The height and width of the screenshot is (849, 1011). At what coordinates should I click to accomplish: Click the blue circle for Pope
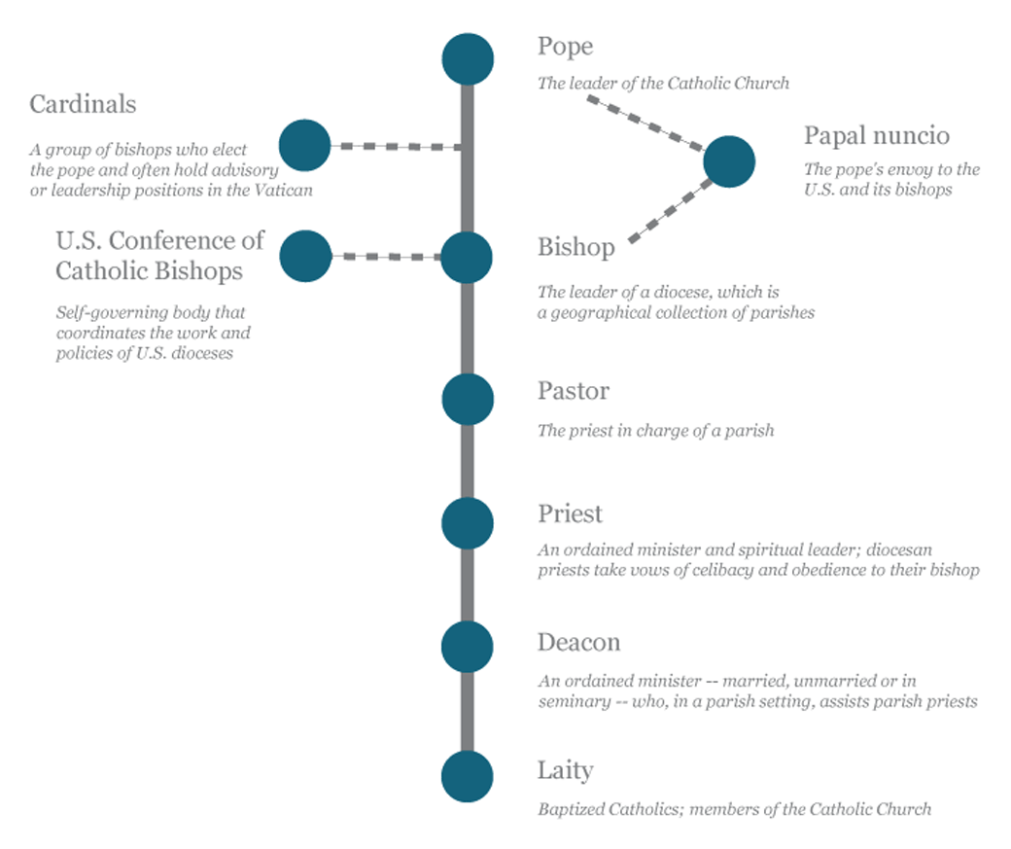tap(469, 59)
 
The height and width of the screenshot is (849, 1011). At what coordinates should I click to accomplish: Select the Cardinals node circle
tap(305, 145)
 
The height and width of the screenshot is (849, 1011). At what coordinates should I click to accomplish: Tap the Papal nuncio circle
tap(729, 162)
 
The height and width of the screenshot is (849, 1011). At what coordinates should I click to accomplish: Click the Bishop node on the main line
tap(467, 258)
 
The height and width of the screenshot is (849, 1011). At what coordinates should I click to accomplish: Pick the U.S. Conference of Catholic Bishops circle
tap(305, 256)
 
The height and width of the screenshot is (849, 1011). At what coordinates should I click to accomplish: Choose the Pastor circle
tap(469, 400)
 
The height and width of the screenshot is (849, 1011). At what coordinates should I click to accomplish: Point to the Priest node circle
tap(468, 523)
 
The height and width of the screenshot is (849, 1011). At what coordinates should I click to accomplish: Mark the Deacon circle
tap(468, 647)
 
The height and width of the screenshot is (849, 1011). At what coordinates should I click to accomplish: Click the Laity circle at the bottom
tap(468, 777)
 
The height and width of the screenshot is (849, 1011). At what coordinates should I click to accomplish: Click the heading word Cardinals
tap(84, 104)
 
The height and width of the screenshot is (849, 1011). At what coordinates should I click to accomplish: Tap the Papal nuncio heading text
tap(877, 137)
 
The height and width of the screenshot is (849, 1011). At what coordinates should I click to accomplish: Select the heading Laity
tap(566, 771)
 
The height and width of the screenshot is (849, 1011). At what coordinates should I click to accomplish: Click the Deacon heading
tap(579, 643)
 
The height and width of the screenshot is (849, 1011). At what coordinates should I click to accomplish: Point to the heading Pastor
tap(574, 391)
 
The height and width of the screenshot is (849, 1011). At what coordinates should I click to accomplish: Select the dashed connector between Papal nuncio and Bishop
tap(671, 211)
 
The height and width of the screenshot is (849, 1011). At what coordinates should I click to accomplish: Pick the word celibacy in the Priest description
tap(722, 571)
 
